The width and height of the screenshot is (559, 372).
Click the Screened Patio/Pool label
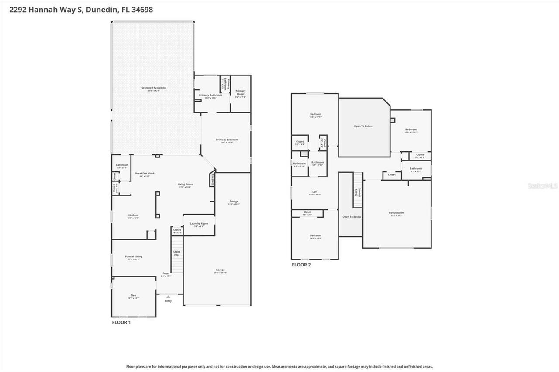point(154,88)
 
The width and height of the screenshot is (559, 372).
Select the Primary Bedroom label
point(227,140)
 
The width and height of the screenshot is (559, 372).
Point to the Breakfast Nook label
point(145,173)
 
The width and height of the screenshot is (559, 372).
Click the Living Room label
point(185,184)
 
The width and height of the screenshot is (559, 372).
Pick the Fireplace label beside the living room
point(213,180)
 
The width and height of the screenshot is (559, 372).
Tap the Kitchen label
point(133,215)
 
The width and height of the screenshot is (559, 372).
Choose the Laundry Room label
point(199,223)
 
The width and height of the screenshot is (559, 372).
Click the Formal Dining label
point(134,256)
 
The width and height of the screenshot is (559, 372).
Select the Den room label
point(134,295)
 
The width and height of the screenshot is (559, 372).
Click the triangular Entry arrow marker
point(168,297)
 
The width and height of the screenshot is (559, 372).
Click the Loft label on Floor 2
point(314,192)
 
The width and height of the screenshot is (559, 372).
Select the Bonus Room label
point(397,213)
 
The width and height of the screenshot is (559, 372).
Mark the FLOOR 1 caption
point(121,323)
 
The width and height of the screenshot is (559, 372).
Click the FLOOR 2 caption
point(301,265)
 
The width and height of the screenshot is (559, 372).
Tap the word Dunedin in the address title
point(101,10)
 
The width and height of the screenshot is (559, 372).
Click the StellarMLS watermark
point(542,186)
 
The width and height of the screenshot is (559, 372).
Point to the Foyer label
point(166,273)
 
